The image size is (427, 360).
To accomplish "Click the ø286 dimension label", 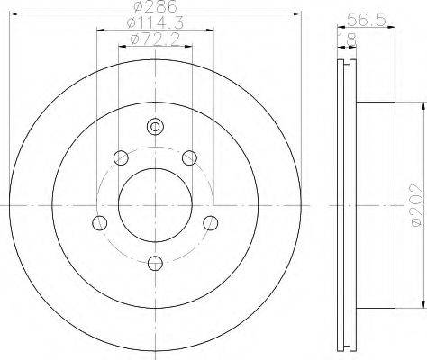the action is click(x=155, y=6).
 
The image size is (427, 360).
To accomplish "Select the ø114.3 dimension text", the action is click(x=156, y=23).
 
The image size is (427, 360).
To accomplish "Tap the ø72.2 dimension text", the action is click(x=155, y=40).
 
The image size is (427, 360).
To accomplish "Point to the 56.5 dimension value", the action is click(x=366, y=21).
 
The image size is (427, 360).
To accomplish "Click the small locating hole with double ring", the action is click(x=155, y=127).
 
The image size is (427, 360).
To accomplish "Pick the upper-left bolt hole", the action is click(x=121, y=157).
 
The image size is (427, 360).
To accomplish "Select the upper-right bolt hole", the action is click(x=190, y=157).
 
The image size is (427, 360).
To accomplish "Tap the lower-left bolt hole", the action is click(x=100, y=223).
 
